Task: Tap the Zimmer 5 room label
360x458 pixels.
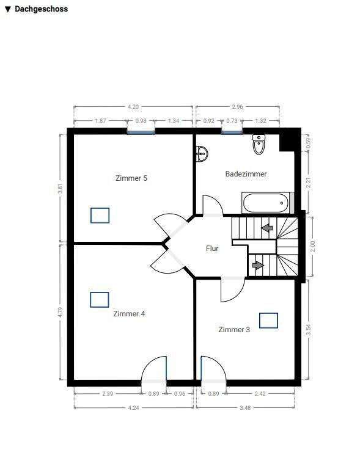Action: click(131, 178)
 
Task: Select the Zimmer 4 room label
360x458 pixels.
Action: click(129, 314)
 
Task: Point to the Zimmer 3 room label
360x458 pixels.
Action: click(234, 330)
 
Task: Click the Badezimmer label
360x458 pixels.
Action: click(246, 174)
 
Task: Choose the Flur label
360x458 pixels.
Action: click(212, 249)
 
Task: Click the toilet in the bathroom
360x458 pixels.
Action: click(259, 145)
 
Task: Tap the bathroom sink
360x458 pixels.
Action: click(202, 154)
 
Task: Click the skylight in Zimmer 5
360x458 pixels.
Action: click(100, 216)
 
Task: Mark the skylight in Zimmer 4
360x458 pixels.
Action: click(100, 299)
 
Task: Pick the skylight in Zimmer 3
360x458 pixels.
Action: click(268, 320)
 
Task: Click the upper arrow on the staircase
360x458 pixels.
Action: click(266, 228)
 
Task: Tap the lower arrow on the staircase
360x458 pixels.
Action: click(258, 265)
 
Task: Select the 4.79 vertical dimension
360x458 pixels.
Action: click(61, 312)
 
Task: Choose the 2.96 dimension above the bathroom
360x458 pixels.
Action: click(238, 107)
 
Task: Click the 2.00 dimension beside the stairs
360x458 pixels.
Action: click(312, 247)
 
